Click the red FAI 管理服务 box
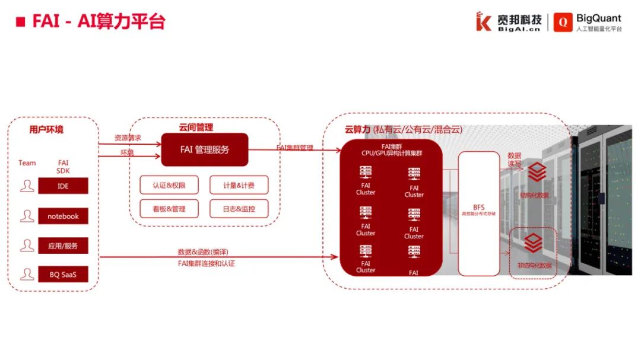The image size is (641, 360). coord(205,149)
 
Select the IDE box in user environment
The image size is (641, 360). coord(63,186)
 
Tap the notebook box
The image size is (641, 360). coord(63,216)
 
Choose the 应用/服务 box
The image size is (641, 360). coord(63,245)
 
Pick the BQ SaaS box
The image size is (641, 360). coord(63,275)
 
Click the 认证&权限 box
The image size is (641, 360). coord(169,185)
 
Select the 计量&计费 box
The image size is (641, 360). coord(239,185)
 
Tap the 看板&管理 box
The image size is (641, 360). coord(169,209)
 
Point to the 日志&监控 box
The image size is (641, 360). coord(239,209)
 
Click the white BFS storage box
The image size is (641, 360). coord(479,213)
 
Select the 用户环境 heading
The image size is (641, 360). coord(46,129)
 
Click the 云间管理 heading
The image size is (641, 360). coord(196,128)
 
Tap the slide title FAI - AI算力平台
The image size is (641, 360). coord(98,22)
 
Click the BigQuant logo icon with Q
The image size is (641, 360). coord(563,22)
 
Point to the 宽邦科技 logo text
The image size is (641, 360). coord(518,18)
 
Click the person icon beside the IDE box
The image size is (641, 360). coord(27,186)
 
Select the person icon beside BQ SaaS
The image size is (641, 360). coord(27,275)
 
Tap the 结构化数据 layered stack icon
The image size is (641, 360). coord(537,172)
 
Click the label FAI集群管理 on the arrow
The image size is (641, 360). coord(294,148)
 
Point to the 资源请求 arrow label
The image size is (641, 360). coord(128,138)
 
